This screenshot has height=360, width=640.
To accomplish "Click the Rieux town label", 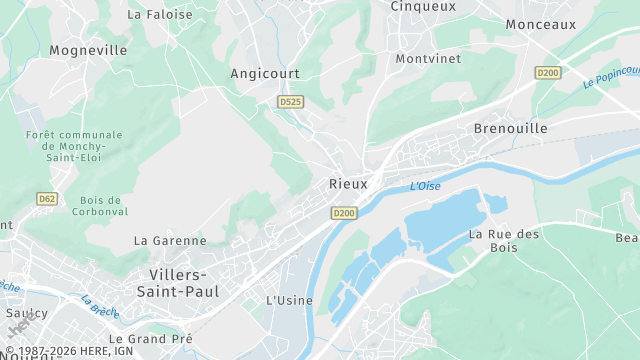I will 348,184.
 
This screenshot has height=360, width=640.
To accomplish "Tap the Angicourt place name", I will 265,73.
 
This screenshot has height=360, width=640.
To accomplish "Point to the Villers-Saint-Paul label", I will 178,283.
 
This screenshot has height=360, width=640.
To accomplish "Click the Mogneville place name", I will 88,50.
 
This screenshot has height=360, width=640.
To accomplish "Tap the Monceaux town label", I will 541,24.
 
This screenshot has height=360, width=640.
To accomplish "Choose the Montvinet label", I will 428,59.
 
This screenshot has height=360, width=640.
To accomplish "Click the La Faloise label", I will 160,15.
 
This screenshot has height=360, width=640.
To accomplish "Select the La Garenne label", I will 170,241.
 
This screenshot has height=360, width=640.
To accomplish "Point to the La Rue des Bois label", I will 504,241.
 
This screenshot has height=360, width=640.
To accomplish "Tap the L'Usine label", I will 289,301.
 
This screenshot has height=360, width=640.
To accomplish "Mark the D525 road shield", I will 291,102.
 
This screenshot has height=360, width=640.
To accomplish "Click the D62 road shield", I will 46,199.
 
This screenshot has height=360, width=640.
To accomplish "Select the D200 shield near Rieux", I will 344,213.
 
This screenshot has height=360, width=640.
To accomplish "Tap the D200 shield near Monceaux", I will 548,72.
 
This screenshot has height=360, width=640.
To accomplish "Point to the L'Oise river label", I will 425,186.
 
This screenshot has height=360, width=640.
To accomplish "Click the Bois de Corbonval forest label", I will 98,206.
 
